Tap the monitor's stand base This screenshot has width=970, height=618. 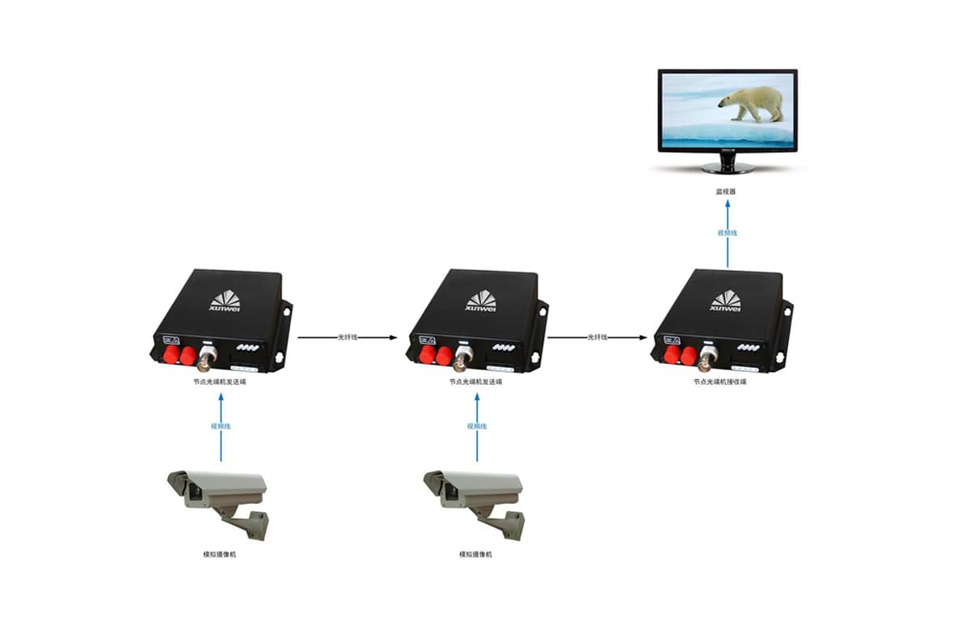point(727,168)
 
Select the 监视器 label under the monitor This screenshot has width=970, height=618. point(727,192)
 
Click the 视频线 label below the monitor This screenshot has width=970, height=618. point(727,233)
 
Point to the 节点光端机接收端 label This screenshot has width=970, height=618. point(719,382)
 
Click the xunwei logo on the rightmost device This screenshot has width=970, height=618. point(726,301)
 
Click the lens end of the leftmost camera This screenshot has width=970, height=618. point(178,485)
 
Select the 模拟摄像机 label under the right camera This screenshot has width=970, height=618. point(475,554)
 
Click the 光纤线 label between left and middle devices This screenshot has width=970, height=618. point(348,337)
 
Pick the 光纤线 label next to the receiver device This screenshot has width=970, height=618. point(597,337)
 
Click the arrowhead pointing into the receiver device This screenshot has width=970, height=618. point(648,337)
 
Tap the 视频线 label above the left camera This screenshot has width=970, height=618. point(221,425)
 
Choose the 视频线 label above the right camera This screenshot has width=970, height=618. point(477,425)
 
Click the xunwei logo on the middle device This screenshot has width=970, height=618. point(481,301)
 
